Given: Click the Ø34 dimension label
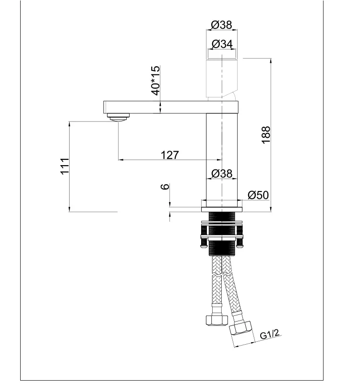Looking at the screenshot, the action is (222, 44).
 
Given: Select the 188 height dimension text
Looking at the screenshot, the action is (266, 135).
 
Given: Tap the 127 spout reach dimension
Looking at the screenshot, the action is (170, 155).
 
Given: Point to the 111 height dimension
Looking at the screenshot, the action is (65, 166).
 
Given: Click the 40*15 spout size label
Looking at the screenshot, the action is (156, 80).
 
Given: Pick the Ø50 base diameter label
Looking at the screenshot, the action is (258, 195).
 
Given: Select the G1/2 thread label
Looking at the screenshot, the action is (270, 334).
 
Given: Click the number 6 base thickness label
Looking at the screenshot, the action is (165, 187).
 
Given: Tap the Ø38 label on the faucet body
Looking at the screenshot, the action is (222, 173).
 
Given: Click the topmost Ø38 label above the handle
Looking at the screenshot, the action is (221, 25).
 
